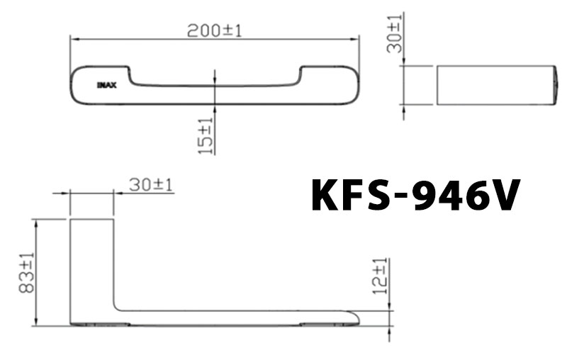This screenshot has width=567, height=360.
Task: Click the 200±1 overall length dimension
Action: (215, 30)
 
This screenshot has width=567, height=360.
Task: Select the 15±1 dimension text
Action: (206, 135)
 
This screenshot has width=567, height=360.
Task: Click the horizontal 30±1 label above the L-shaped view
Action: (152, 185)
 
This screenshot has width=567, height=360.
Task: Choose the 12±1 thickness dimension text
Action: (381, 276)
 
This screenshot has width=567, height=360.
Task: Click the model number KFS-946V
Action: (416, 195)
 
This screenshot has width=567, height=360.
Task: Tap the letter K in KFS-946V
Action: (327, 195)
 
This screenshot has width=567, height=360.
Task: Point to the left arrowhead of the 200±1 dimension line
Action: (72, 40)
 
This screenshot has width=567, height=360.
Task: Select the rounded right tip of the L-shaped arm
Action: (354, 317)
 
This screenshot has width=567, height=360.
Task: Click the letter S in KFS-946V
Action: (376, 195)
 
